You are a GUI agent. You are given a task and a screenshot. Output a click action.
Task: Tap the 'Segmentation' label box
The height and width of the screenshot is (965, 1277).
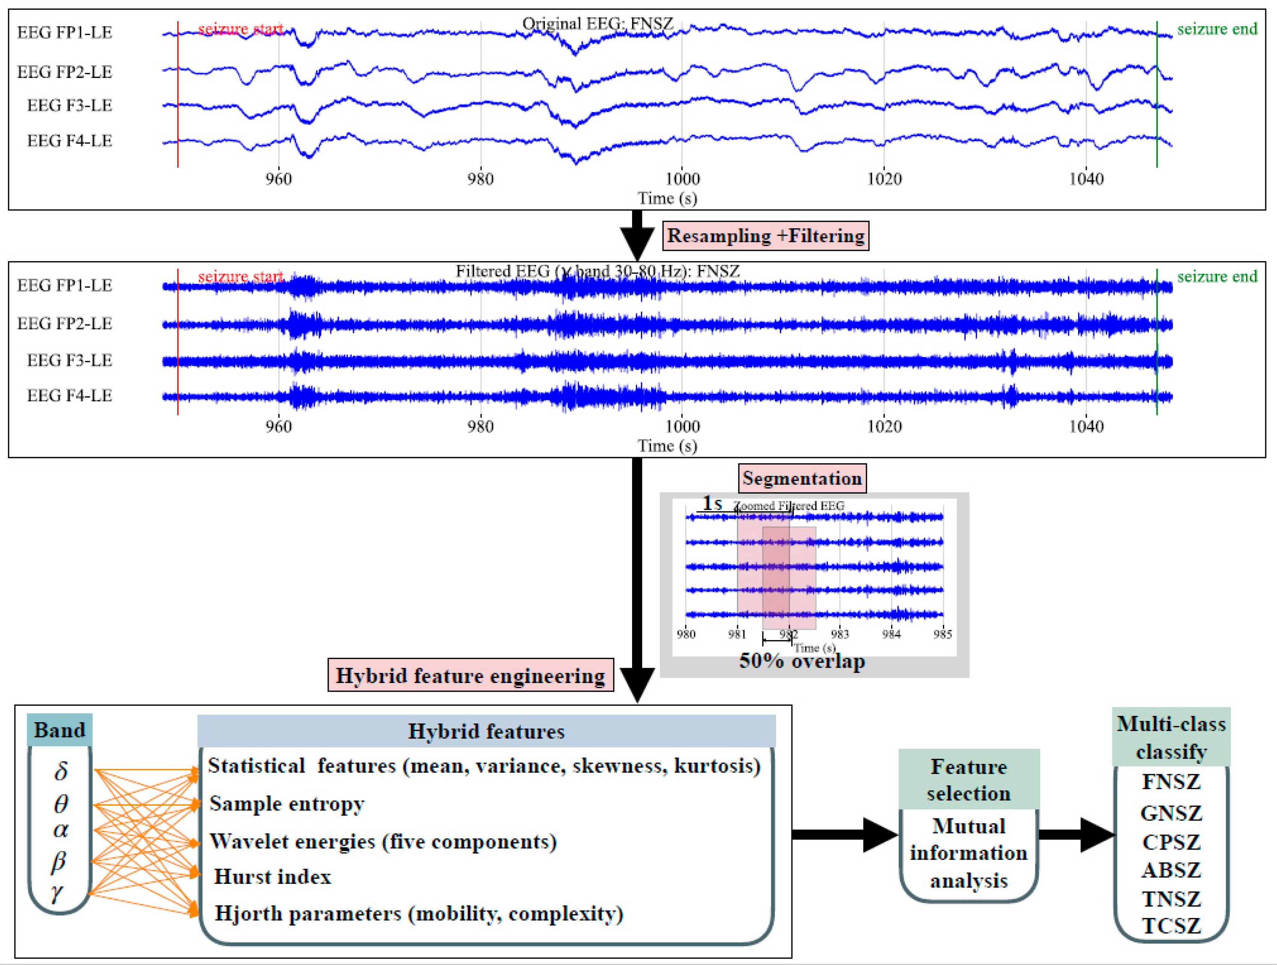802,479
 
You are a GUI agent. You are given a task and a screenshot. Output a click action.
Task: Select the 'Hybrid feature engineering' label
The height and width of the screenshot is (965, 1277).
470,675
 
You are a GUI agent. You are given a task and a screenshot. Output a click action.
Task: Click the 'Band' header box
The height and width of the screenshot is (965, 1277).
59,730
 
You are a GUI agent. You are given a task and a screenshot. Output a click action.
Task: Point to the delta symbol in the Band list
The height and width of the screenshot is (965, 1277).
61,771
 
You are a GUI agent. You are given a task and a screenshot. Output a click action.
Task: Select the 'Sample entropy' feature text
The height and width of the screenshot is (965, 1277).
287,803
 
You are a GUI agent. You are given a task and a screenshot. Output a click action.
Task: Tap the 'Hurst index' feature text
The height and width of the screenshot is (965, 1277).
273,877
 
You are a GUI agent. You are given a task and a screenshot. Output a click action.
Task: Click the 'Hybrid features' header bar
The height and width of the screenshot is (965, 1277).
486,731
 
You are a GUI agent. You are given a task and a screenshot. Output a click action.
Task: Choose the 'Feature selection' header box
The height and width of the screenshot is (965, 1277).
969,780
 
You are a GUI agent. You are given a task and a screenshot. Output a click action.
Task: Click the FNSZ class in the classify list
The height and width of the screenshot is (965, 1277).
1171,782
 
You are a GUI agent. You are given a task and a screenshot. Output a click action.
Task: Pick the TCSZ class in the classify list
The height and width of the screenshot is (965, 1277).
1171,926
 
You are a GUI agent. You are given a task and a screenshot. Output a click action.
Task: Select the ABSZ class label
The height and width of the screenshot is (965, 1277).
1171,870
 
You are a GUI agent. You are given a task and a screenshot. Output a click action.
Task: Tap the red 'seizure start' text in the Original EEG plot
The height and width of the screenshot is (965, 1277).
240,29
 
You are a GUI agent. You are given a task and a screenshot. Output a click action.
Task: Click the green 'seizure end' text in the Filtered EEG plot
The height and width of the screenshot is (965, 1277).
1217,276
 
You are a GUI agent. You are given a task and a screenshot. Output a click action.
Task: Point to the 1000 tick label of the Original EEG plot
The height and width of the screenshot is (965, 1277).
682,179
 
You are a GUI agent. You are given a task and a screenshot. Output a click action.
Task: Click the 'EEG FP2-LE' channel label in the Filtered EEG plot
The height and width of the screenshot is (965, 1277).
65,323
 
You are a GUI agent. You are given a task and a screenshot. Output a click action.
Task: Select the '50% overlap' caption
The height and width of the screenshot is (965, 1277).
802,661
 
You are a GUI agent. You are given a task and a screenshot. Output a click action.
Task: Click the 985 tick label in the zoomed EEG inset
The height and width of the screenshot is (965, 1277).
942,634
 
